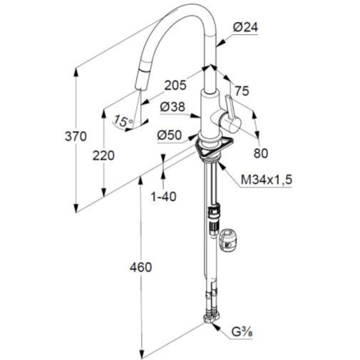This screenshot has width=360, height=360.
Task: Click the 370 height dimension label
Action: click(76, 136)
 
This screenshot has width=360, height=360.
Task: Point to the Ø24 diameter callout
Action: click(245, 27)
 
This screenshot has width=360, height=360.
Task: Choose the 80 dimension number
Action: click(260, 153)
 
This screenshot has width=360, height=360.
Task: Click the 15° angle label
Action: click(122, 121)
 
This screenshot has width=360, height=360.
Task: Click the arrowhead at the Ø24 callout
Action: click(219, 43)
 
